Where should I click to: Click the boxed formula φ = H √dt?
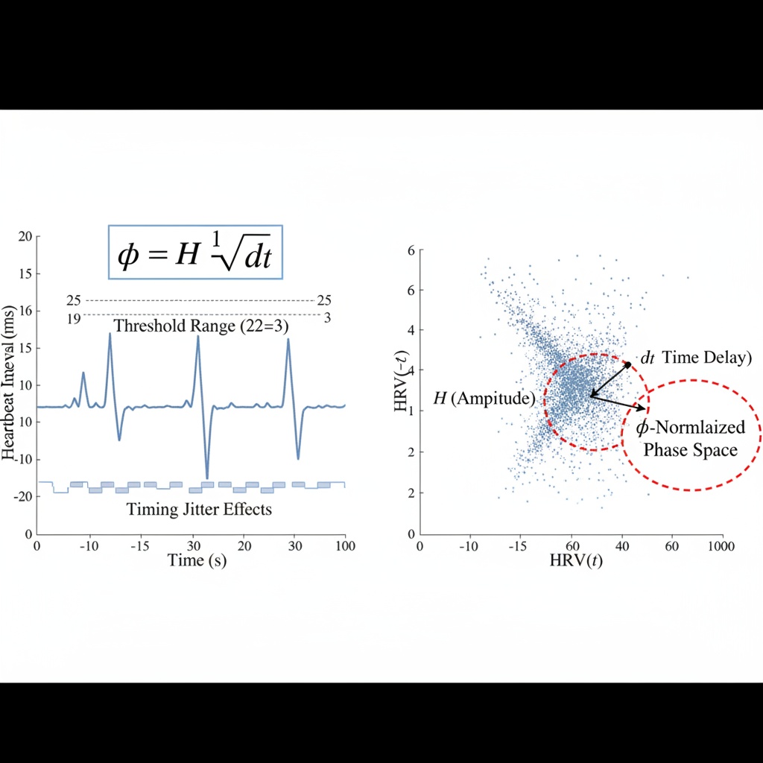(195, 252)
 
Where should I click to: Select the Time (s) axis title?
(196, 560)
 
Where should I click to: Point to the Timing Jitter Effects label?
(199, 510)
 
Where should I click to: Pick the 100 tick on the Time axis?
(343, 544)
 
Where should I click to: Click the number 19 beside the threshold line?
(74, 319)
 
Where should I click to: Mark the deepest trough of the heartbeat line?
(206, 478)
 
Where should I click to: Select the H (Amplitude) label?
(484, 399)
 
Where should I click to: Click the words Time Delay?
(703, 358)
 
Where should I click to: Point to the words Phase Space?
(690, 450)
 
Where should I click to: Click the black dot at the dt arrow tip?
(627, 365)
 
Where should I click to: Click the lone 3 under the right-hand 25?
(326, 318)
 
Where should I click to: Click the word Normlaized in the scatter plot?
(700, 428)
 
